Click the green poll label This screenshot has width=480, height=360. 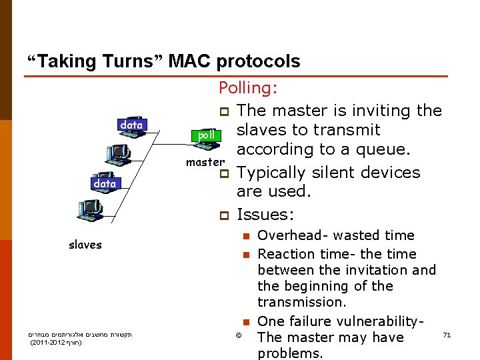tap(206, 135)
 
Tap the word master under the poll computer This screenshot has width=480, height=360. tap(205, 162)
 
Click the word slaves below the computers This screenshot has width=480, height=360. tap(85, 245)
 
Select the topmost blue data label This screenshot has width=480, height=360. tap(131, 125)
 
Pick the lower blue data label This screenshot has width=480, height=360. tap(105, 183)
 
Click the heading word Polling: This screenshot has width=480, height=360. tap(249, 89)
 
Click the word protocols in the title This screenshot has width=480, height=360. tap(258, 62)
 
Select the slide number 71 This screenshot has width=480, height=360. tap(447, 335)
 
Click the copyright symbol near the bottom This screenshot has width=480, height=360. tap(239, 335)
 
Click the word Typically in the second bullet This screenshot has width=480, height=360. tap(271, 173)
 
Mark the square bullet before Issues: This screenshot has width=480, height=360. tap(224, 215)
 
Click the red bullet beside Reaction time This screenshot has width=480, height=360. tap(245, 255)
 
